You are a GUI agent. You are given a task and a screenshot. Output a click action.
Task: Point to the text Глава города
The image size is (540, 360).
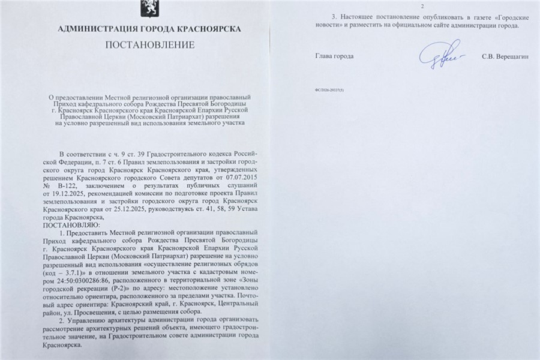334,56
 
